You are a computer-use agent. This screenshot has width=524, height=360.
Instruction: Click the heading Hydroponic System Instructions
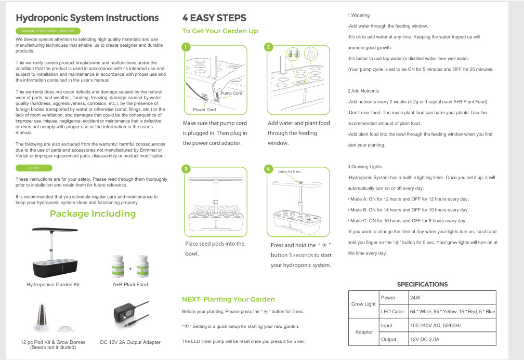[87, 18]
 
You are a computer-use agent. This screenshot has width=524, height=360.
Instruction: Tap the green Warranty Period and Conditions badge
[48, 31]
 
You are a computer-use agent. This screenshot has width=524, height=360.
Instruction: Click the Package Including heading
[93, 214]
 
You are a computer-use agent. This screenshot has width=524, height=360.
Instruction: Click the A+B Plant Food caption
[130, 285]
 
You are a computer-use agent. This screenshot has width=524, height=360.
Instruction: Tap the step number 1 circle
[186, 47]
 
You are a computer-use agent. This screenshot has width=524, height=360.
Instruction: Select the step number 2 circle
[268, 47]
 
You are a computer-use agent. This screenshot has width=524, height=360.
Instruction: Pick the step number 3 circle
[186, 169]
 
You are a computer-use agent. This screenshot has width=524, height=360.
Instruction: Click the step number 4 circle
[268, 169]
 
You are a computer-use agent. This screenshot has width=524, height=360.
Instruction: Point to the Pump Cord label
[231, 94]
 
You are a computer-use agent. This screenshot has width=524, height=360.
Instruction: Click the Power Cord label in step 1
[204, 110]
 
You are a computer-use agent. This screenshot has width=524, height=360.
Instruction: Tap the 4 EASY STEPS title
[214, 18]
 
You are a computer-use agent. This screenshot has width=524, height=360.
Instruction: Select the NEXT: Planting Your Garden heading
[228, 299]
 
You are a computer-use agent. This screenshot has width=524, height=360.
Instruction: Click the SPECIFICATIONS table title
[422, 284]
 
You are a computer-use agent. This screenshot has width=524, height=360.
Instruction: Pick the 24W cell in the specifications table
[415, 298]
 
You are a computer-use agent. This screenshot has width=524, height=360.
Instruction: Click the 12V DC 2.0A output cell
[425, 339]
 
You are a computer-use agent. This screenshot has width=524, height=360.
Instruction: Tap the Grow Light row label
[363, 304]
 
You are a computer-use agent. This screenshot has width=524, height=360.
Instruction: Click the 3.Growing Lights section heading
[364, 167]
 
